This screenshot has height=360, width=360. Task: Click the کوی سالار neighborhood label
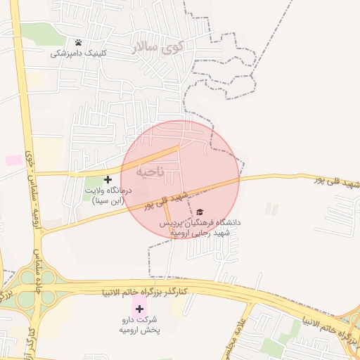(157, 48)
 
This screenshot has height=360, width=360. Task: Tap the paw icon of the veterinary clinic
(78, 43)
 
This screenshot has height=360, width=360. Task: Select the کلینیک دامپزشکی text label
(78, 53)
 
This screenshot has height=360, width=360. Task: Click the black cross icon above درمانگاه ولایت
(108, 180)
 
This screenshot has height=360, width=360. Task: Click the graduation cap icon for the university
(200, 212)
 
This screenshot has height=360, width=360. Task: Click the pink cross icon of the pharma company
(139, 308)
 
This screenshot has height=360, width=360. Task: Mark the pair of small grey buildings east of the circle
(271, 209)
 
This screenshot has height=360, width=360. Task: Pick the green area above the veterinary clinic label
(42, 32)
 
